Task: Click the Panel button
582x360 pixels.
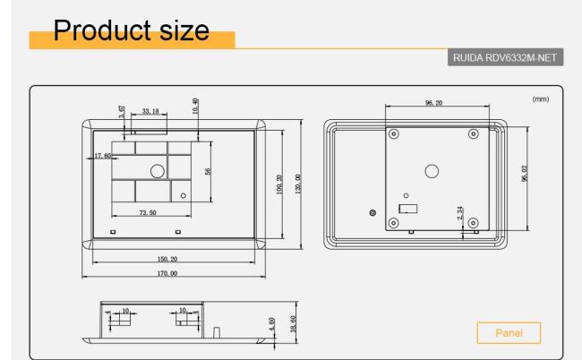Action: [x=508, y=334]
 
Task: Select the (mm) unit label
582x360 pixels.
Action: [x=540, y=99]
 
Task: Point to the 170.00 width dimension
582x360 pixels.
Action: [x=167, y=271]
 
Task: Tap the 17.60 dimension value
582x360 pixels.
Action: [x=102, y=157]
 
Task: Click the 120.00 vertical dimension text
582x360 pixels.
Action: [x=298, y=184]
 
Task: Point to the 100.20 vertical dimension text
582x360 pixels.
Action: [x=279, y=183]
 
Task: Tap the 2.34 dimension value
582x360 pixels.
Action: [x=460, y=214]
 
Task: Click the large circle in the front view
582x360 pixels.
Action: [x=157, y=170]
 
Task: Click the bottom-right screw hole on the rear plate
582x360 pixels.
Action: [x=473, y=222]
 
